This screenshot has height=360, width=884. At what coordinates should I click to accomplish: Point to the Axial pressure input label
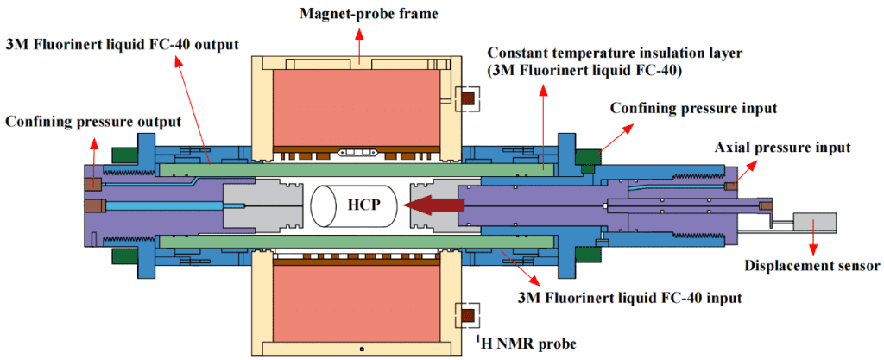(x=782, y=148)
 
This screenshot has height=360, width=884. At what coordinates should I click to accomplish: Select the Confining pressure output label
(x=93, y=121)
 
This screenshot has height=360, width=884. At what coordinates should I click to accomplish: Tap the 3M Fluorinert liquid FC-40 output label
(x=120, y=43)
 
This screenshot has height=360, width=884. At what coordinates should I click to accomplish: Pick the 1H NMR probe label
(x=526, y=344)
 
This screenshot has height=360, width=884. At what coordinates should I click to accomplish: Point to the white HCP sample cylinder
(x=350, y=206)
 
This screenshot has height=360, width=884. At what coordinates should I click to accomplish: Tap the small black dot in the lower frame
(x=362, y=348)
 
